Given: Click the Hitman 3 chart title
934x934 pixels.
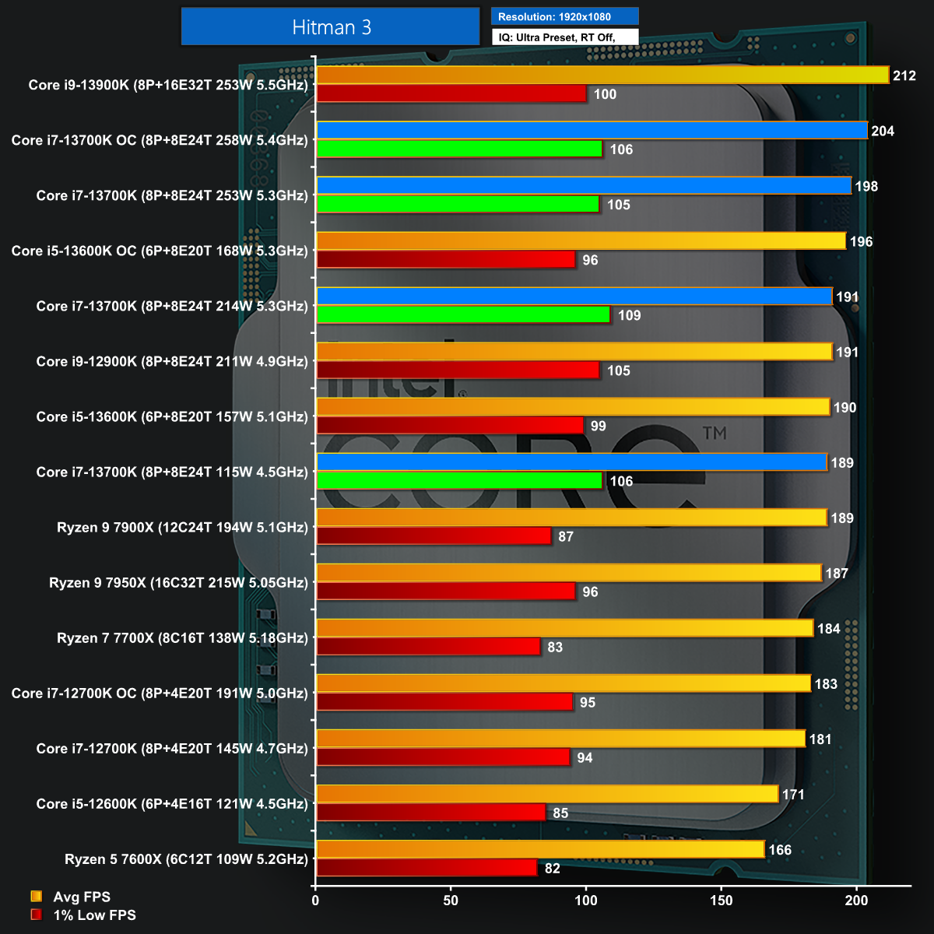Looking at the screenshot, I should coord(331,27).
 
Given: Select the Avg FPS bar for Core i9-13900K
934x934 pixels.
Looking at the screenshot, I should coord(602,75).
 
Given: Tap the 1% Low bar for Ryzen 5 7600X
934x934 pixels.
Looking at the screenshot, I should coord(427,868).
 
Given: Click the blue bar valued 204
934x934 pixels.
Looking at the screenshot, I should coord(592,130).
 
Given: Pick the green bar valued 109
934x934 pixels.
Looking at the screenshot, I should coord(464,314).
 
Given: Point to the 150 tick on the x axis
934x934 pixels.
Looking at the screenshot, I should coord(722,901).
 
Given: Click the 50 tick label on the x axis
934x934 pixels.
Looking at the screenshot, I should coord(451,901).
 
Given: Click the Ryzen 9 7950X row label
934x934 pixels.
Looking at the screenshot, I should coord(178,582).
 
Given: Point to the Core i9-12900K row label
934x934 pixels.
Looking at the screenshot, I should coord(172,361).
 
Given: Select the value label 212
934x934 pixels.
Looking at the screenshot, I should coord(904,75).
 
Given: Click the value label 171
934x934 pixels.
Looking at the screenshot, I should coord(793,795).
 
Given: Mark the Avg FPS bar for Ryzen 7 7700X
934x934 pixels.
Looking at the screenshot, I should coord(565,627).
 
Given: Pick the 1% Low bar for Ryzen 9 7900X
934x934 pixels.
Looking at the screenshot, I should coord(434,536).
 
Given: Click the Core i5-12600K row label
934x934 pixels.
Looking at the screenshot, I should coord(172,803).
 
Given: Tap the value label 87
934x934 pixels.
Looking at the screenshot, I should coord(566,537).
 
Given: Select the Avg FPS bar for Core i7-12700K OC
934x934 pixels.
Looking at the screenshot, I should coord(564,683).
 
